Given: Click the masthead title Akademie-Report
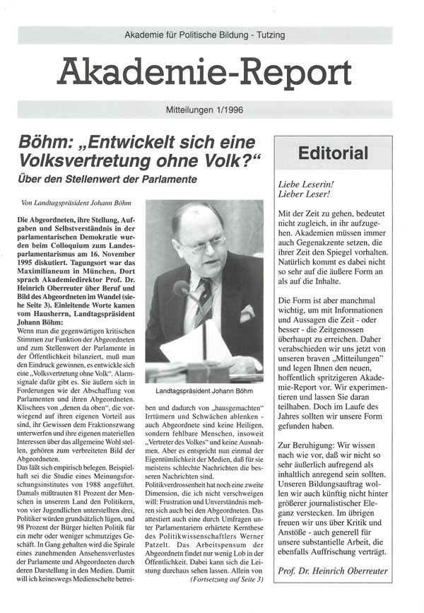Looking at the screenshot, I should pos(204,72).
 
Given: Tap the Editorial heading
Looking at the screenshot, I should pos(333,153).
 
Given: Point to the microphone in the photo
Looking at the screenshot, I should pos(183,289).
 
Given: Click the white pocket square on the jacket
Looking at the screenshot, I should pos(246,313).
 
